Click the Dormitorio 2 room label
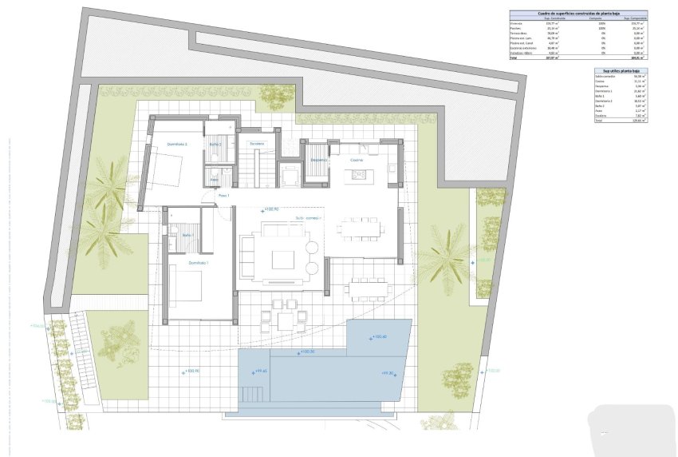(176, 145)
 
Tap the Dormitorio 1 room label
(199, 263)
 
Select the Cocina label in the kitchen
(357, 160)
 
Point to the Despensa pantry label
(319, 160)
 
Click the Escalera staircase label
(256, 143)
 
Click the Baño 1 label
(187, 235)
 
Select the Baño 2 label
(215, 144)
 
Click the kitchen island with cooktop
(359, 174)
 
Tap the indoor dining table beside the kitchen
(360, 230)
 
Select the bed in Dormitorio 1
(187, 285)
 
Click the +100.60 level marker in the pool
(378, 336)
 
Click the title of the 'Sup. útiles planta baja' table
(620, 71)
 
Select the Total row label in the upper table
(514, 58)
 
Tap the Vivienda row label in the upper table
(518, 23)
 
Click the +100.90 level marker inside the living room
(270, 209)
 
